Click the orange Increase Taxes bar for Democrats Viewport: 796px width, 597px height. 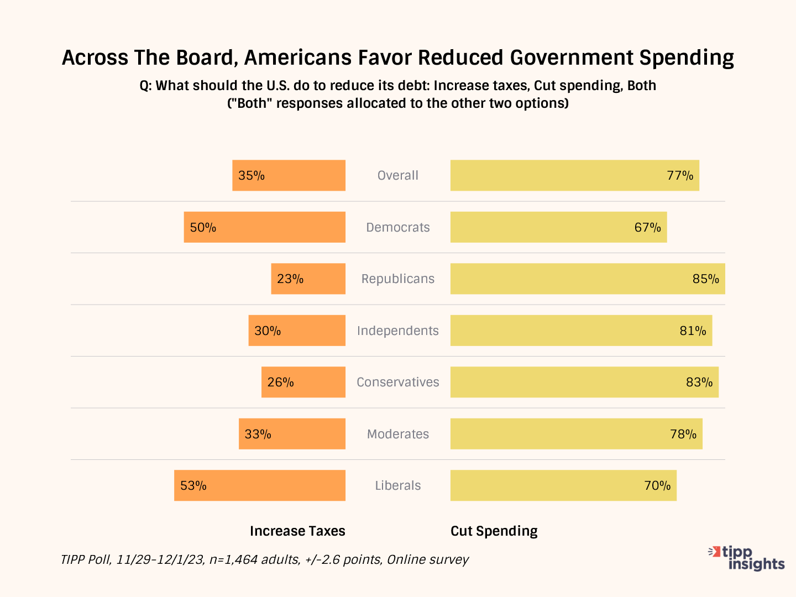265,227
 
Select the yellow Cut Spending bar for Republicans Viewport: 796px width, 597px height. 588,279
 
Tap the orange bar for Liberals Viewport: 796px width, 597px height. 260,485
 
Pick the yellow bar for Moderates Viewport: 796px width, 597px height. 576,434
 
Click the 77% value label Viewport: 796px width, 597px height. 680,176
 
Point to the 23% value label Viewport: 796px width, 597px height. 290,279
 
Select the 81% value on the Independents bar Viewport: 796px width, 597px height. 693,331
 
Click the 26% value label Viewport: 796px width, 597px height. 280,383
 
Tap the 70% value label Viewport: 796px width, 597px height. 657,486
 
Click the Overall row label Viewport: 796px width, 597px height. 398,176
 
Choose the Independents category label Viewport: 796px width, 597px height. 398,331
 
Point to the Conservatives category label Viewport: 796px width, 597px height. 398,383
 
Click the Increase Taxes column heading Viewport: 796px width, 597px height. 297,531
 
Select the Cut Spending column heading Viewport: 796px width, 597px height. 494,531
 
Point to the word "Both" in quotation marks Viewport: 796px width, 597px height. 252,103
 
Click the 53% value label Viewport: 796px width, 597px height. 193,486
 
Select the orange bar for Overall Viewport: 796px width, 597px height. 289,176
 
